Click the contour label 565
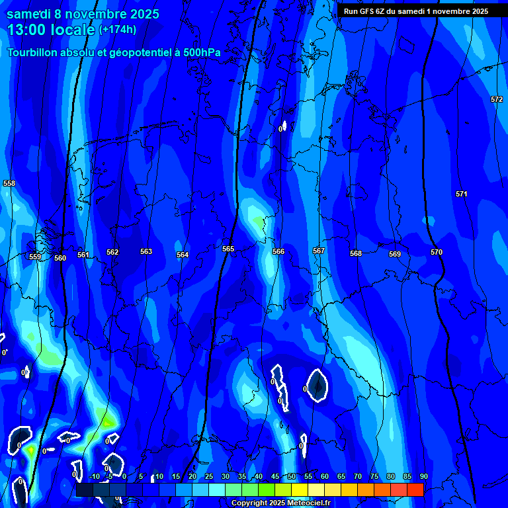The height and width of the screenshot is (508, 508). pyautogui.click(x=228, y=249)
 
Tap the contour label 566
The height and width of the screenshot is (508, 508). pyautogui.click(x=278, y=251)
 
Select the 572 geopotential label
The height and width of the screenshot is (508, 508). pyautogui.click(x=497, y=99)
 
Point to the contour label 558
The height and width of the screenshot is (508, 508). pyautogui.click(x=9, y=183)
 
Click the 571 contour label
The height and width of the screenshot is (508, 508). pyautogui.click(x=461, y=194)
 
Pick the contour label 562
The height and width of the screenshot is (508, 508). pyautogui.click(x=112, y=252)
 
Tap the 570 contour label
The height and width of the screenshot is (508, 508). pyautogui.click(x=437, y=252)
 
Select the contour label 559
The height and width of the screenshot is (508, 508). pyautogui.click(x=35, y=257)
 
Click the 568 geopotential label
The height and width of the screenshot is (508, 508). pyautogui.click(x=356, y=253)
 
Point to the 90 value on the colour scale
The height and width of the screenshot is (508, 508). pyautogui.click(x=423, y=476)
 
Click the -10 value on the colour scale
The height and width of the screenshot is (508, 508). pyautogui.click(x=94, y=476)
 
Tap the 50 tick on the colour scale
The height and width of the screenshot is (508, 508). pyautogui.click(x=291, y=476)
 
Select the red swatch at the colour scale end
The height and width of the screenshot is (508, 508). pyautogui.click(x=415, y=489)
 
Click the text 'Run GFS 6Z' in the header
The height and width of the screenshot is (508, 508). pyautogui.click(x=368, y=11)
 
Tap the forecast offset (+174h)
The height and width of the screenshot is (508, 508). pyautogui.click(x=118, y=29)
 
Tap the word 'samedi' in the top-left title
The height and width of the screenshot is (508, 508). pyautogui.click(x=28, y=13)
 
